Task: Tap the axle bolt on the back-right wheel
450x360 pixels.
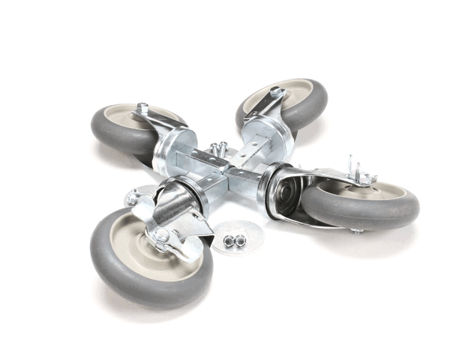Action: pos(276,91)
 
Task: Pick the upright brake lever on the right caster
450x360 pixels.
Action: pos(350,166)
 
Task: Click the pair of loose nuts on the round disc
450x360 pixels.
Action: pos(234,241)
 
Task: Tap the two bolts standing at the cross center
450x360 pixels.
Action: pos(218,148)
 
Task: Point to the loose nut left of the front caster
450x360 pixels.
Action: pos(132,199)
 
